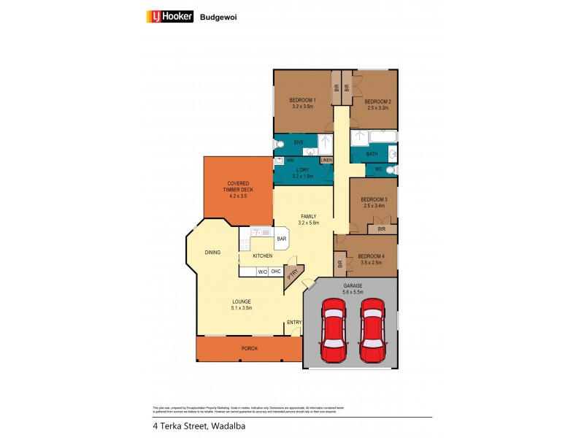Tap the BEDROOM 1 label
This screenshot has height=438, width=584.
point(302,100)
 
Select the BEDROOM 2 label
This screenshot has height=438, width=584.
point(377,101)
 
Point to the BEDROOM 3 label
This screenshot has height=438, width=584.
point(374,200)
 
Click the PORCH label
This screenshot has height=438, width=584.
point(249,348)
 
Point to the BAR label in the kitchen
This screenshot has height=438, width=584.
point(281,239)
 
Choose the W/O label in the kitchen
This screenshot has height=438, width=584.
point(262,272)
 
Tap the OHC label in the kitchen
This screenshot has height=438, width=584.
point(276,272)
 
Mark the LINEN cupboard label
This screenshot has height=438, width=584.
point(326,161)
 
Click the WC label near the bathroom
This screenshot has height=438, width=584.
point(378,170)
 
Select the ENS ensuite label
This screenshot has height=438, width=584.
point(298,142)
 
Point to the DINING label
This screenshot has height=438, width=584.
point(212,253)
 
